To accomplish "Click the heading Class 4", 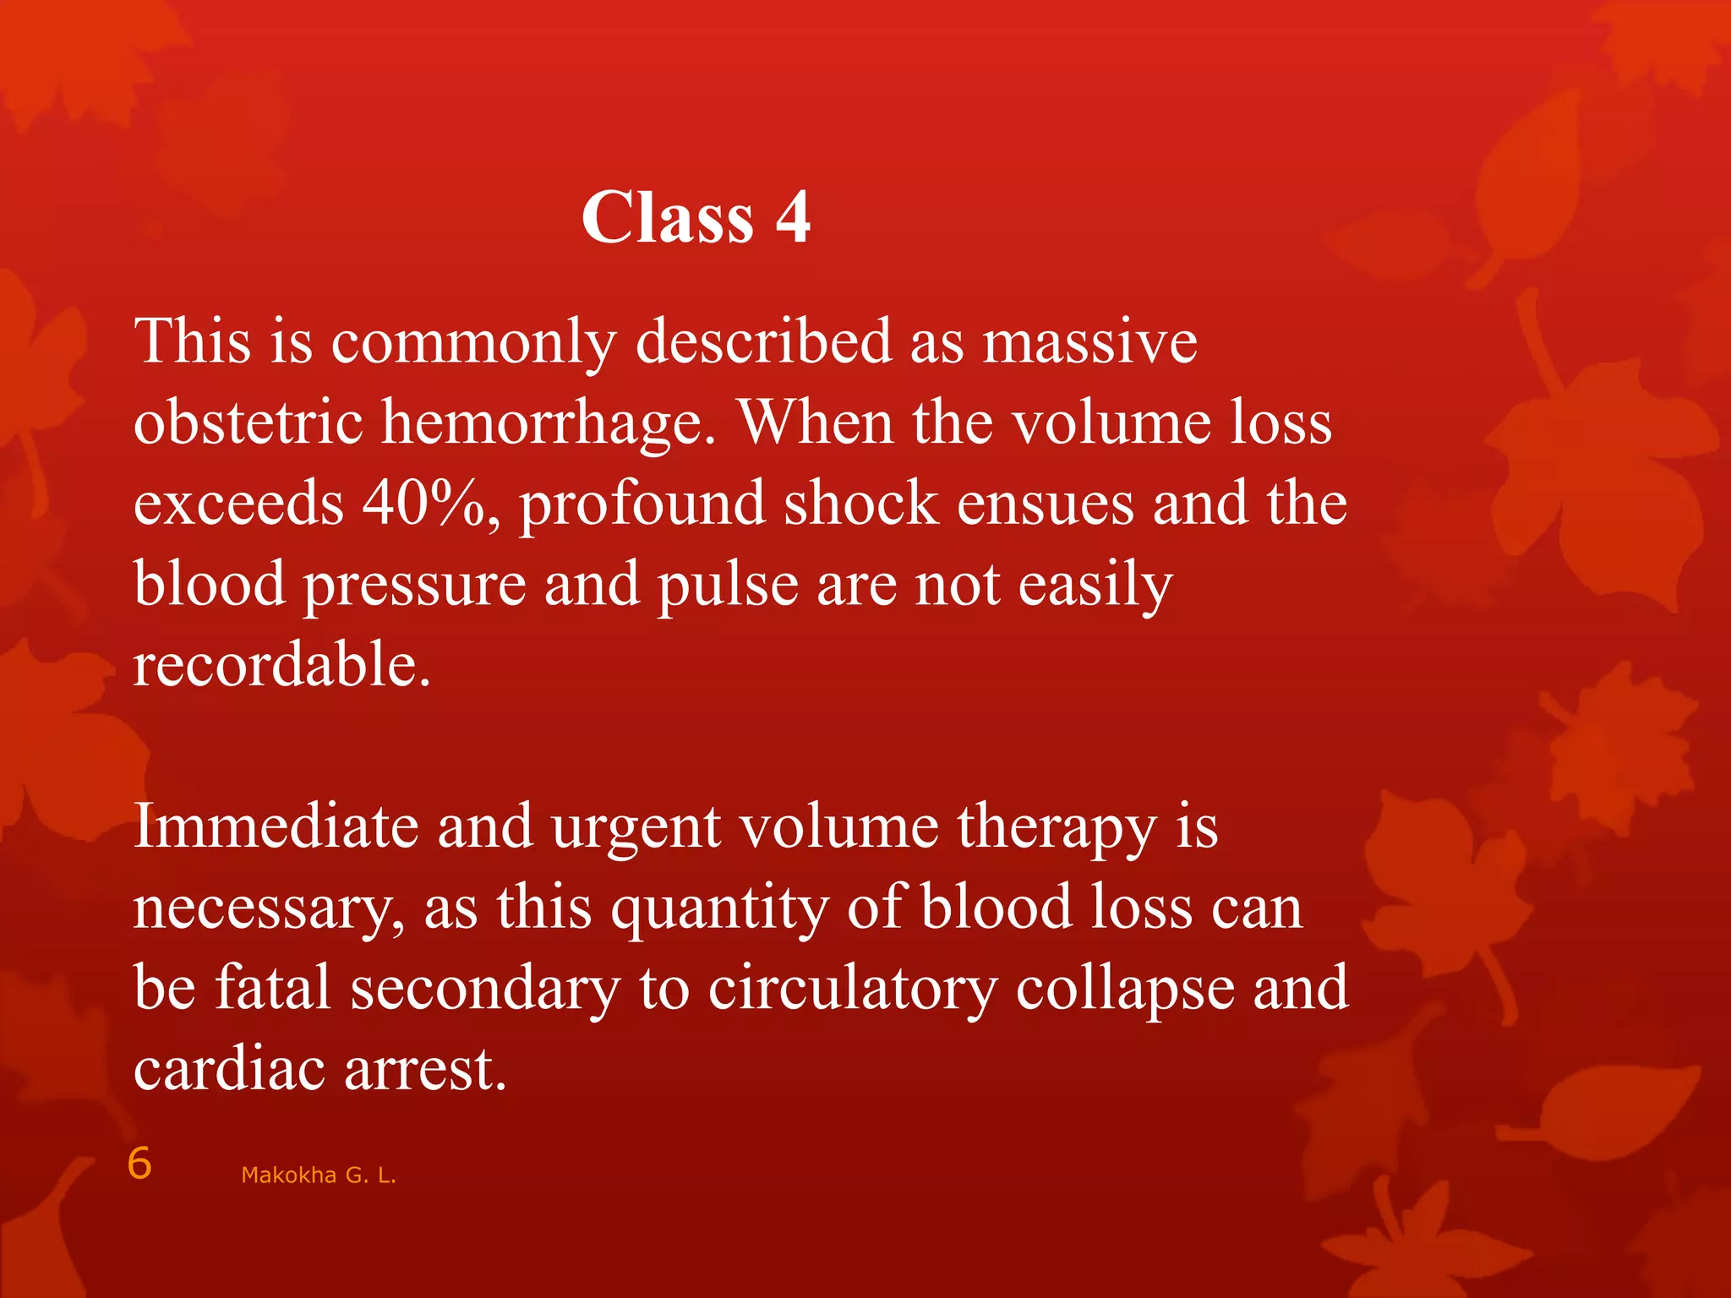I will click(696, 217).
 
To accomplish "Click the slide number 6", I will click(139, 1164).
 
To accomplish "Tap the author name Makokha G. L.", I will click(319, 1175).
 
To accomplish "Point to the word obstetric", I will click(248, 423).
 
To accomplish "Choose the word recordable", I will click(282, 665).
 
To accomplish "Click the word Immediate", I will click(276, 826).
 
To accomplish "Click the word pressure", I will click(414, 586).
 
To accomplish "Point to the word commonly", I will click(473, 345).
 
